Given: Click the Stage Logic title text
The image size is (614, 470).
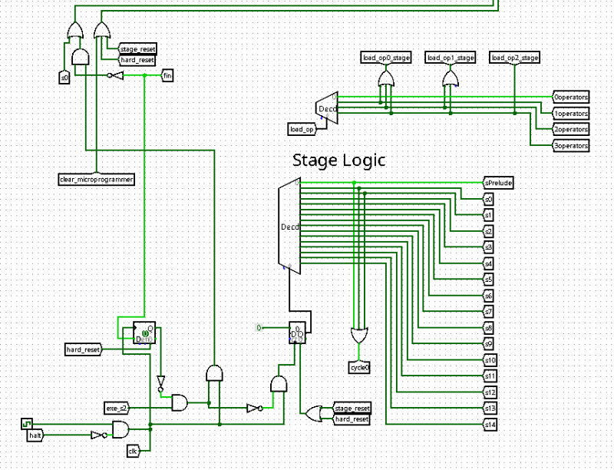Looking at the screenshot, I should (338, 160).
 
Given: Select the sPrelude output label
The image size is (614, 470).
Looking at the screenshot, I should (498, 183).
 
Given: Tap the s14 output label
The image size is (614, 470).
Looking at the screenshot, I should (490, 424).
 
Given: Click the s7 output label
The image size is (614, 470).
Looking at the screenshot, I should (488, 311).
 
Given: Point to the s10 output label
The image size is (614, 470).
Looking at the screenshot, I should (490, 359).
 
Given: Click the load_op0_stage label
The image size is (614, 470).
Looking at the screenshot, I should (386, 58).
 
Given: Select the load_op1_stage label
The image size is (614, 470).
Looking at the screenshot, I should (451, 58).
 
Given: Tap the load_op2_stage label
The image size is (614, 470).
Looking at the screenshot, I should (515, 58).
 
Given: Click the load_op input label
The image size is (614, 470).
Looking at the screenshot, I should (302, 128).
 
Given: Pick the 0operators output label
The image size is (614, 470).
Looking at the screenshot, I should (571, 97).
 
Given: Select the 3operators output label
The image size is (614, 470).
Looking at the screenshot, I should (571, 145).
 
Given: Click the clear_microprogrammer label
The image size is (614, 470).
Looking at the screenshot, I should (97, 179).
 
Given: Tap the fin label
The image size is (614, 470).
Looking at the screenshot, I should (167, 75).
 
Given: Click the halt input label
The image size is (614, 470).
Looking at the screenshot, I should (35, 435).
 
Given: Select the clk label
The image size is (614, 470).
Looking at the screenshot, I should (132, 450).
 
